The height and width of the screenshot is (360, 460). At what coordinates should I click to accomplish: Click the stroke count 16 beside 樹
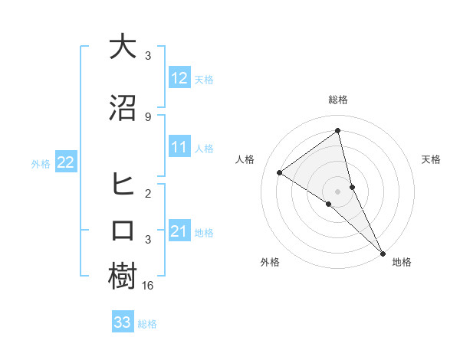149,285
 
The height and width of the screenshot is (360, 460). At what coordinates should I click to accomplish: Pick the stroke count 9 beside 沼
147,116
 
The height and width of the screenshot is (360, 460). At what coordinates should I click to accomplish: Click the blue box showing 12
179,77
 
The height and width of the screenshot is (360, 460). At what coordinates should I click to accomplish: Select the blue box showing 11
179,147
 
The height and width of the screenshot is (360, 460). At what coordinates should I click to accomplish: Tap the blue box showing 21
179,231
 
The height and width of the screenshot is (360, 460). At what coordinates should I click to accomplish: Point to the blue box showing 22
65,162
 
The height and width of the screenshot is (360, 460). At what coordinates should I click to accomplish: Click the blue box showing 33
122,322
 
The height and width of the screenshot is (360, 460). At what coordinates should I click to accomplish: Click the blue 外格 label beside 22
41,162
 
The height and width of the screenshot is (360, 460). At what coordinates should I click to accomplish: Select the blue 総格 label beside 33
147,324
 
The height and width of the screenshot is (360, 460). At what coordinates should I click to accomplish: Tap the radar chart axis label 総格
338,100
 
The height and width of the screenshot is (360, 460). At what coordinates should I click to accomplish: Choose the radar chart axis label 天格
431,159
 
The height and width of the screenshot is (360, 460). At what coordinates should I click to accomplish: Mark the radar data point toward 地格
383,253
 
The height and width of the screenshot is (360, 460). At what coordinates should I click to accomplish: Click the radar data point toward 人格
279,172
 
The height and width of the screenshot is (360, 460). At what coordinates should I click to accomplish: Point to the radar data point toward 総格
338,131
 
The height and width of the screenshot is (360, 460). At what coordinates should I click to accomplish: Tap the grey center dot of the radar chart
338,191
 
